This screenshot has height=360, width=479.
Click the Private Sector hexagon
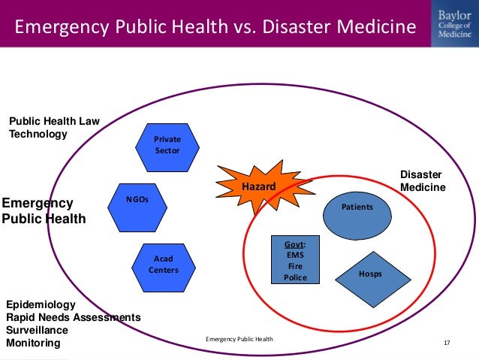pyautogui.click(x=167, y=145)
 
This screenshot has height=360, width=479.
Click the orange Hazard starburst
pyautogui.click(x=258, y=185)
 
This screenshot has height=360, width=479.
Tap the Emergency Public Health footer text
pyautogui.click(x=239, y=340)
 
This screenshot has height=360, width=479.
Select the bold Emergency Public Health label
pyautogui.click(x=44, y=211)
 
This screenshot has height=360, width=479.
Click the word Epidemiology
pyautogui.click(x=41, y=304)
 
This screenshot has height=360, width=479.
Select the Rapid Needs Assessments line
pyautogui.click(x=73, y=317)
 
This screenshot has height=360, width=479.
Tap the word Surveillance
pyautogui.click(x=37, y=330)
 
